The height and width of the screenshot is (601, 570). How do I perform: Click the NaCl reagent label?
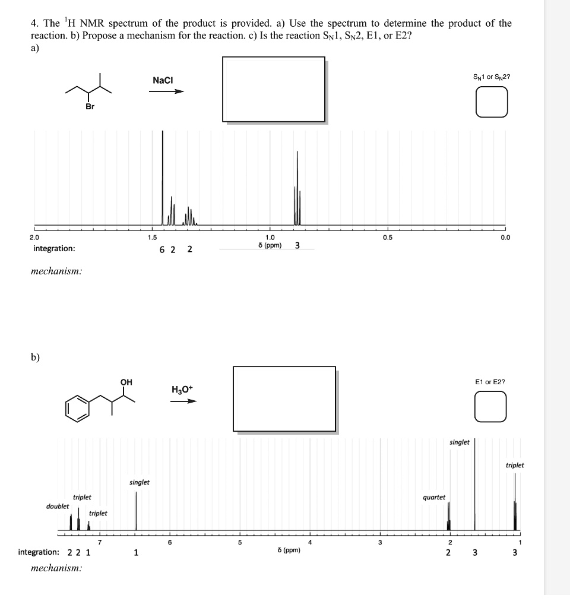[x=163, y=80]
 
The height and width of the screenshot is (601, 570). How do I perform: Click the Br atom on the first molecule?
[x=89, y=107]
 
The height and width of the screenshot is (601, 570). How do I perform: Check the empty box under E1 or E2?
[x=490, y=407]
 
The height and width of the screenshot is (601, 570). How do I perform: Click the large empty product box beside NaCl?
[x=274, y=89]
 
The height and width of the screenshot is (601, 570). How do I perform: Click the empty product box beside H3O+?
[x=285, y=398]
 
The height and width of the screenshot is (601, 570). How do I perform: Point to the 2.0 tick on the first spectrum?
[x=35, y=238]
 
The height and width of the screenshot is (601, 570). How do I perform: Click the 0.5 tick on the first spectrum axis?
[x=388, y=238]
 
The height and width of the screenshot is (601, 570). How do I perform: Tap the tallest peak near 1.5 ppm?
[x=163, y=178]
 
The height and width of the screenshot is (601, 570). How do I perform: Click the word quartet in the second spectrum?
[x=434, y=497]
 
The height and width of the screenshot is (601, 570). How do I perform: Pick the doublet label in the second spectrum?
[x=58, y=506]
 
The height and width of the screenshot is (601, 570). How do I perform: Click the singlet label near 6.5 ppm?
[x=140, y=482]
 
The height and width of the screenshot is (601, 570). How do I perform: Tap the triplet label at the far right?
[x=515, y=465]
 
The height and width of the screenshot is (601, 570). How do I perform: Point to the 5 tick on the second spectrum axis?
[x=239, y=542]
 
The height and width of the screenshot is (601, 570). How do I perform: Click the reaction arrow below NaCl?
[x=167, y=91]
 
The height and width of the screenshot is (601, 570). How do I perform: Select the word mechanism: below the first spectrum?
[x=56, y=271]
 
